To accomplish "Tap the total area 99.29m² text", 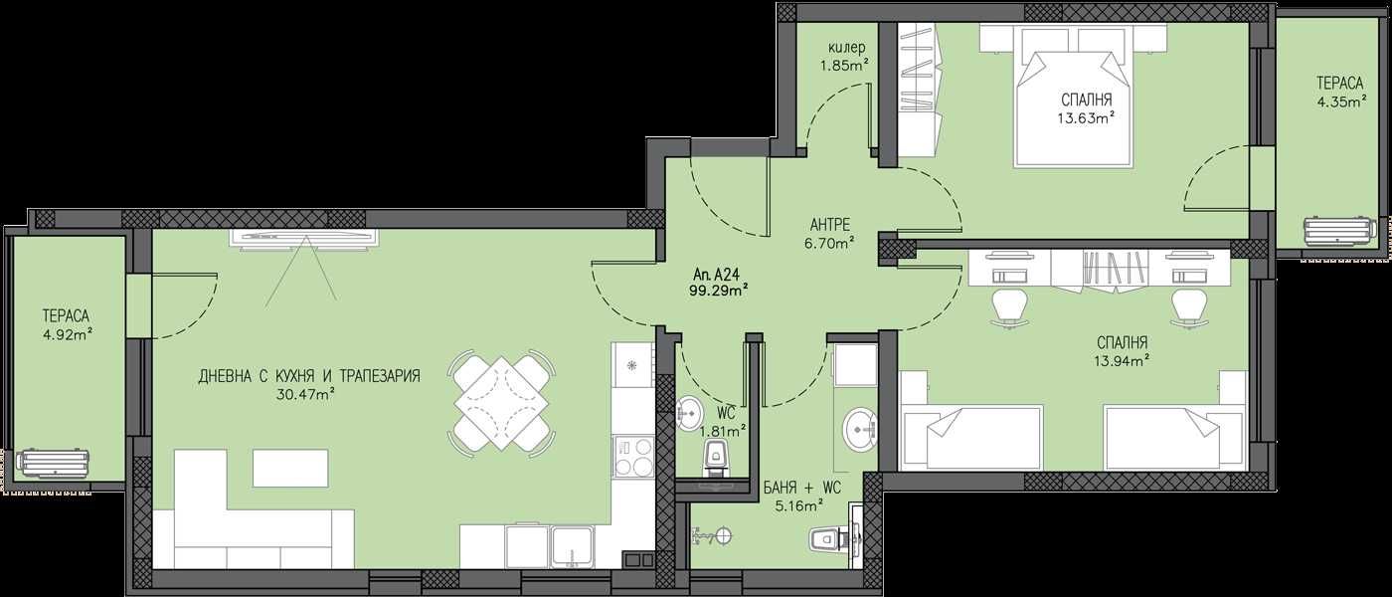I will (x=718, y=291).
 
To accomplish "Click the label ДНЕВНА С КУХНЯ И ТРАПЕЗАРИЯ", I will (x=309, y=376).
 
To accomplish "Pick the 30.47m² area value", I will (x=304, y=393).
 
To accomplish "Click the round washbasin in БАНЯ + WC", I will (x=858, y=430).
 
